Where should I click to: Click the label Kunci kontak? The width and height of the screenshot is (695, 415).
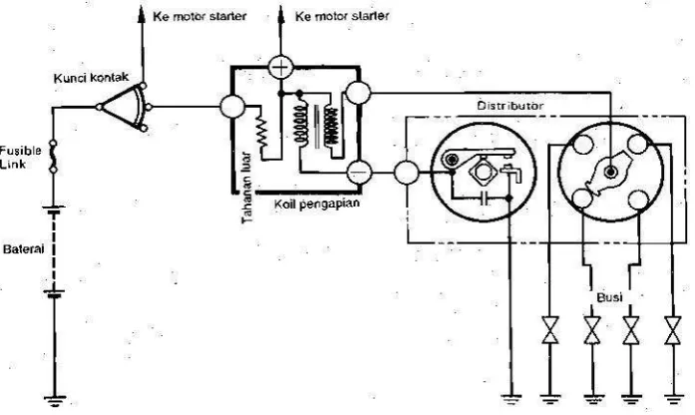point(92,78)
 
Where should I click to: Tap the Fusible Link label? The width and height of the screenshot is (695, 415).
point(20,157)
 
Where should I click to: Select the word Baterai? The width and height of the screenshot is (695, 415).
point(24,248)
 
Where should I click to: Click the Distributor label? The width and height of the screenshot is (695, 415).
point(510,106)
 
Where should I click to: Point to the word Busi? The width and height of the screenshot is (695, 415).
point(609,297)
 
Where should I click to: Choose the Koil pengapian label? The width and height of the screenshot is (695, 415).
point(316,204)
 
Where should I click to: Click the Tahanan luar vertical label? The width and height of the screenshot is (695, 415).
point(247,188)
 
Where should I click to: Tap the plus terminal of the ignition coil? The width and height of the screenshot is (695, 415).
point(280,68)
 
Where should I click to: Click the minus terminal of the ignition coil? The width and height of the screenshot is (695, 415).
point(359,172)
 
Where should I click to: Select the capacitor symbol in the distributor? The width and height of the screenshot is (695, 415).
point(485,199)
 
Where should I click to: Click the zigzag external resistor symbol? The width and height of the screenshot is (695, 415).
point(261,132)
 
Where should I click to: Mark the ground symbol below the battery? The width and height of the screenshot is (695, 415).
point(55,400)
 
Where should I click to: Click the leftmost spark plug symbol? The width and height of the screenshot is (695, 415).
point(550,330)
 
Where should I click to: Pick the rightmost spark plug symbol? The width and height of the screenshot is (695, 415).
point(673,330)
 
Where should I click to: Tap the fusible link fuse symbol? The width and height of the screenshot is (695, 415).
point(53,156)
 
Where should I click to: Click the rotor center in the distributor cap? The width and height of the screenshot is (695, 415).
point(611,172)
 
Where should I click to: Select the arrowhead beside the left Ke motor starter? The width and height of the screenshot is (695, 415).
point(142,14)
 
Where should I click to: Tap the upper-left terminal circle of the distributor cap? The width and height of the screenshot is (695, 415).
point(583,144)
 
